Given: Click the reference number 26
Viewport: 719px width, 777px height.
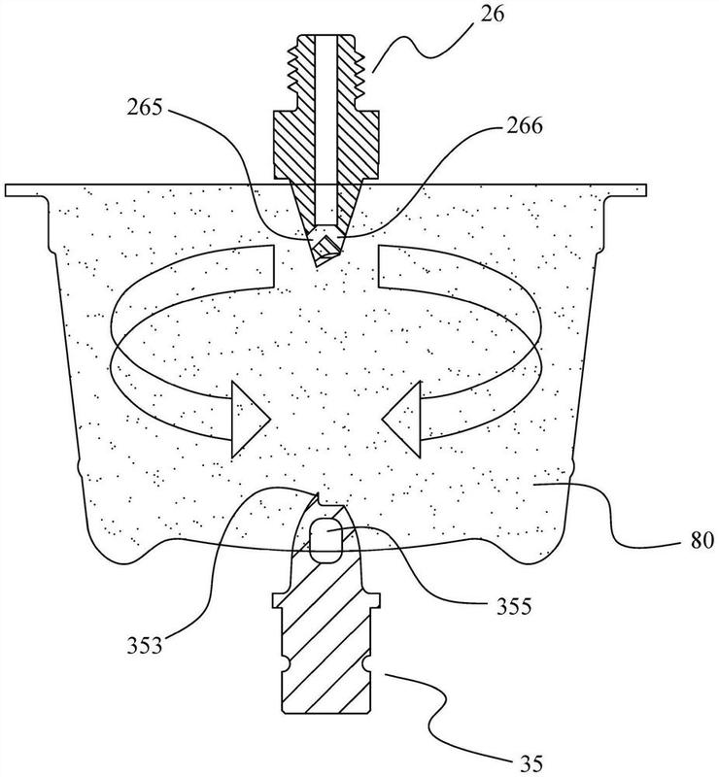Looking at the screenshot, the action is point(492,14).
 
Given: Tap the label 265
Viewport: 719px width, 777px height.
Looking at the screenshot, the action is point(145,108).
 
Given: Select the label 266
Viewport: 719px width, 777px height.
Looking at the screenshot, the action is point(525,126).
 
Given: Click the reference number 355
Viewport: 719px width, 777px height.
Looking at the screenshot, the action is point(514,605).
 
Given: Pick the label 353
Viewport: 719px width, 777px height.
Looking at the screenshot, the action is point(145,646).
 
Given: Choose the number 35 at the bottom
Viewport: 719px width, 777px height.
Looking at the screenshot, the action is point(531,763).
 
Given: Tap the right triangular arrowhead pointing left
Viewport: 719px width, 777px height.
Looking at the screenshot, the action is point(401,420).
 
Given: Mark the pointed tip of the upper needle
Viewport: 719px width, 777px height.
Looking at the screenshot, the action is point(318,266).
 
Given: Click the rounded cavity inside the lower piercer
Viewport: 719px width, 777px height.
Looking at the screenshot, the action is point(325,540).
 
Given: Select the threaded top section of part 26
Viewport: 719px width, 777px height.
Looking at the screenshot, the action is point(326,67).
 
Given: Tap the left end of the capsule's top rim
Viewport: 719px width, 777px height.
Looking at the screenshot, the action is point(5,190).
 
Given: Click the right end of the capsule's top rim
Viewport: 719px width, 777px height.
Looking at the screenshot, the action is point(646,190).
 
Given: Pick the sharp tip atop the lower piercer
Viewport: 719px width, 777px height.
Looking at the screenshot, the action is point(316,492).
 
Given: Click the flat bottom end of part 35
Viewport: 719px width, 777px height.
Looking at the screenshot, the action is point(326,714).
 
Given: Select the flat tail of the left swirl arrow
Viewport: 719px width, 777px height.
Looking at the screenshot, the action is point(274,265).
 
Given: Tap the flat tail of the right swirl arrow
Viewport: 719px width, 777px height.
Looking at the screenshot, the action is point(379,265).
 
